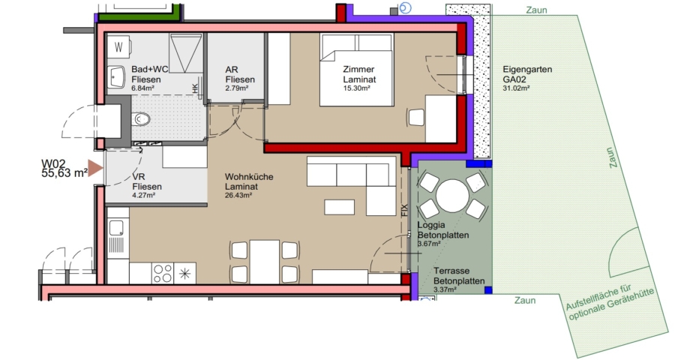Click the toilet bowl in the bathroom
(x=141, y=118)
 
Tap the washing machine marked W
(x=118, y=46)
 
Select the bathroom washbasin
(x=115, y=77)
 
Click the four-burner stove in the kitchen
(x=163, y=273)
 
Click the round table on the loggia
(x=452, y=196)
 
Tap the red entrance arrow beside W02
(x=95, y=168)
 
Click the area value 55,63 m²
(x=64, y=173)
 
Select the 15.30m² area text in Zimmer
(x=356, y=88)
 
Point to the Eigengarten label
(x=527, y=69)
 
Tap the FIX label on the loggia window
(x=403, y=210)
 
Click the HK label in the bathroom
(x=195, y=89)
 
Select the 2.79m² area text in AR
(x=237, y=88)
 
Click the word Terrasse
(x=451, y=271)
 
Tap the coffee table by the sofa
(x=339, y=207)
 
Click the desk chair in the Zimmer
(x=416, y=118)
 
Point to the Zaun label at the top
(x=536, y=10)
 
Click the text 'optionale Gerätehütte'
(x=612, y=304)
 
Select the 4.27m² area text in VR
(x=144, y=195)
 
